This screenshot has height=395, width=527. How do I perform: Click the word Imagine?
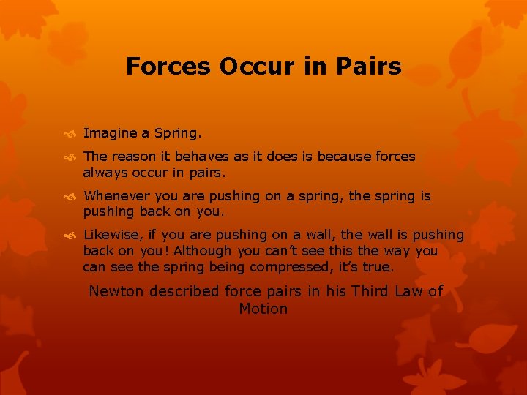pyautogui.click(x=109, y=134)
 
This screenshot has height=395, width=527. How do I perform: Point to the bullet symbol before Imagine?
pyautogui.click(x=72, y=134)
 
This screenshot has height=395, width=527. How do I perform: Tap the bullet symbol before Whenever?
pyautogui.click(x=72, y=197)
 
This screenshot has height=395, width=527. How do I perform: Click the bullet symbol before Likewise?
pyautogui.click(x=72, y=236)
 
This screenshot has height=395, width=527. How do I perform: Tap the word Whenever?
pyautogui.click(x=116, y=196)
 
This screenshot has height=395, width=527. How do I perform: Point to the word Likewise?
pyautogui.click(x=111, y=235)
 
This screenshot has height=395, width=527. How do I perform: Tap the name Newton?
pyautogui.click(x=116, y=291)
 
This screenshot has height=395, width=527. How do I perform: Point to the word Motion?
pyautogui.click(x=263, y=309)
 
